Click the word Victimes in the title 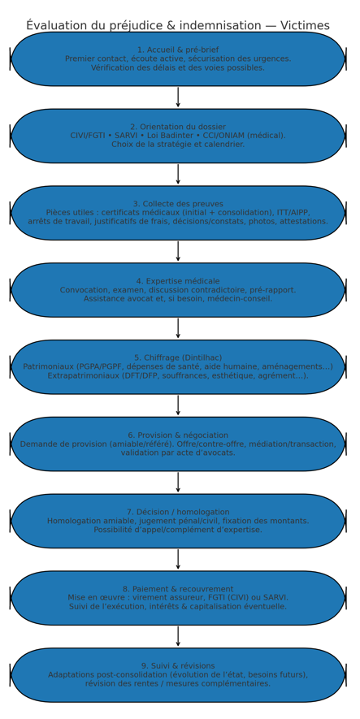pos(305,25)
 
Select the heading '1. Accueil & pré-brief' pos(178,50)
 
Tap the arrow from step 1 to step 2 pos(178,97)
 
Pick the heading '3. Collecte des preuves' pos(178,204)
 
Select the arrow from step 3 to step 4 pos(178,251)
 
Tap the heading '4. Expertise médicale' pos(178,281)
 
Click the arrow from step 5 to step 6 pos(178,405)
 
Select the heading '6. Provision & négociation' pos(178,435)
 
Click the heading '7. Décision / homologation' pos(178,512)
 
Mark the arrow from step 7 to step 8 pos(178,559)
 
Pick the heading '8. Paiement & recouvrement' pos(178,589)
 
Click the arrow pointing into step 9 pos(178,636)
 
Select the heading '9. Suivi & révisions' pos(178,666)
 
